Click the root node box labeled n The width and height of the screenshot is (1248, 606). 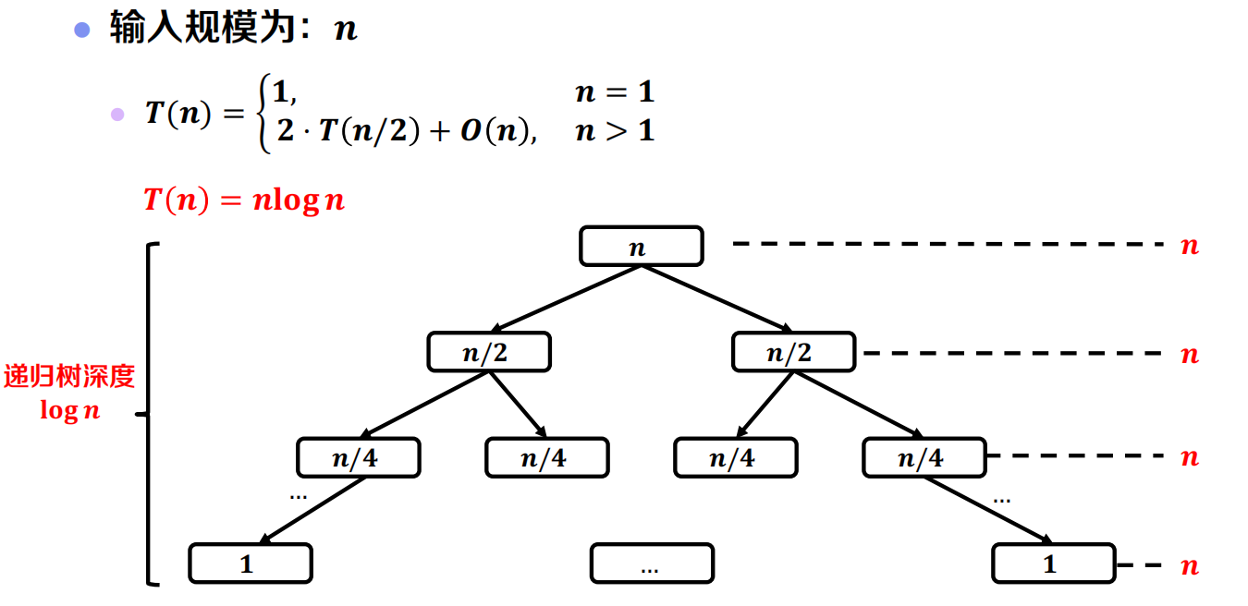(641, 247)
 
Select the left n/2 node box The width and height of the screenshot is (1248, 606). (488, 352)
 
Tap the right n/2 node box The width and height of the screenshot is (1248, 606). (793, 352)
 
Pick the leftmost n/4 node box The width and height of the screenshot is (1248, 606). (358, 457)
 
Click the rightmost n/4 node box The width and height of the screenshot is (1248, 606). (924, 457)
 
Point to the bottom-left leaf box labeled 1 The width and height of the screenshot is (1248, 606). (250, 564)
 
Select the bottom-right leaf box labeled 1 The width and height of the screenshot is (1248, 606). (1053, 564)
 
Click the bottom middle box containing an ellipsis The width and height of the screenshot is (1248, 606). (651, 564)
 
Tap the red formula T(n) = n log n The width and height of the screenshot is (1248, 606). (244, 200)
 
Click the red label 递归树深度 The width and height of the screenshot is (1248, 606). (69, 376)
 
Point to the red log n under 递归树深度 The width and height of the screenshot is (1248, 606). (69, 410)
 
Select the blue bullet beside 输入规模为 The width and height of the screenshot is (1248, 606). (82, 30)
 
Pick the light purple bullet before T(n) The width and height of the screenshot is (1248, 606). (117, 115)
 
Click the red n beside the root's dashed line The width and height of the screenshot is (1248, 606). (1190, 246)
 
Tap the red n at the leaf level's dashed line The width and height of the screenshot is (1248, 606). (1190, 564)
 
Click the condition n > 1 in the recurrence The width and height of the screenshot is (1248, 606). (614, 131)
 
